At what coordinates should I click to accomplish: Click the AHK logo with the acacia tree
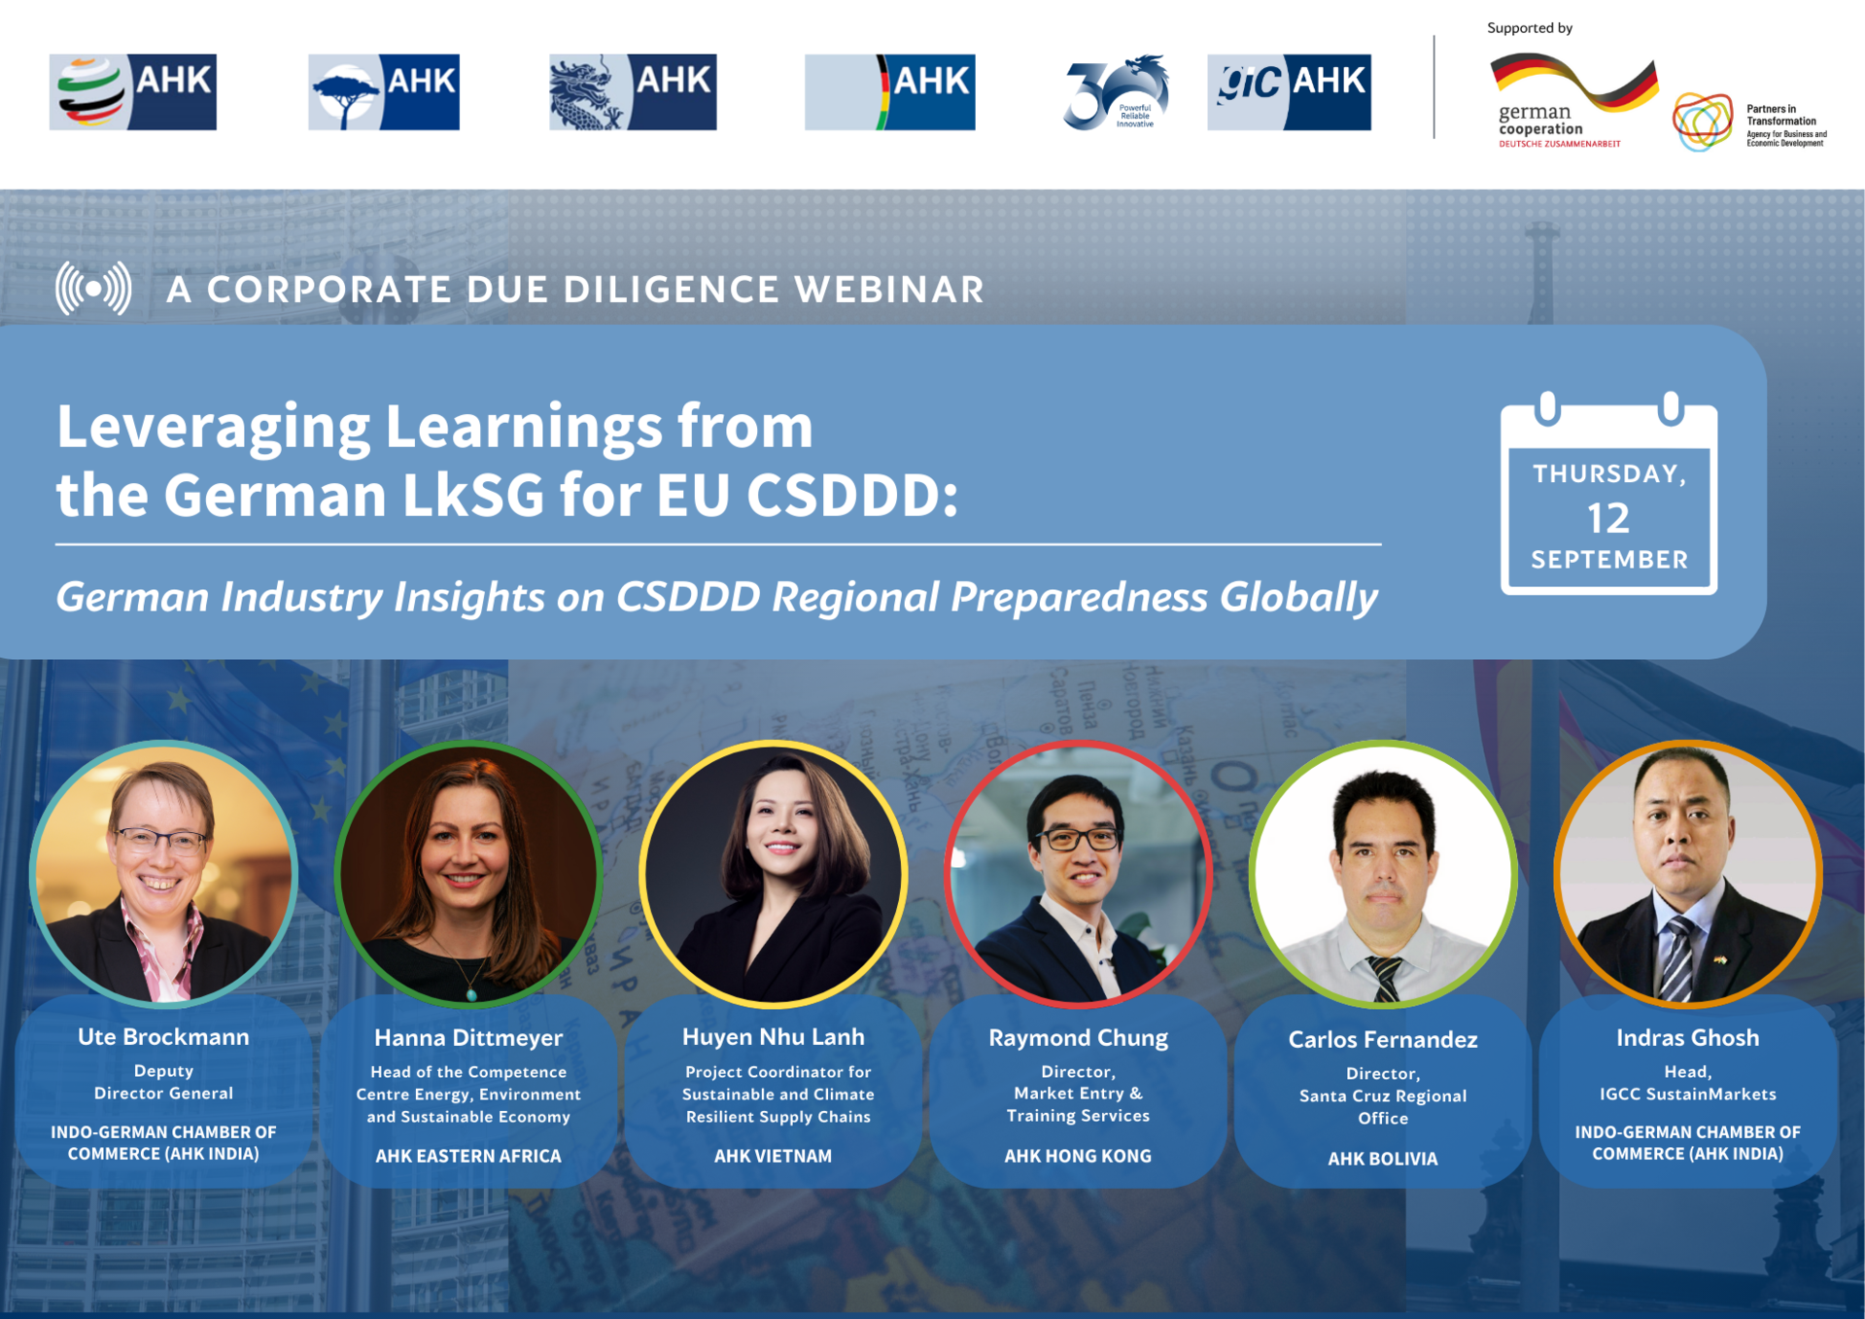tap(384, 92)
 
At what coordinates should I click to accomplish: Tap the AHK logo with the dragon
tap(633, 92)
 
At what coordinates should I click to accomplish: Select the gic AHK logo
tap(1289, 92)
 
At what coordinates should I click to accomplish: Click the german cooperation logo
tap(1571, 101)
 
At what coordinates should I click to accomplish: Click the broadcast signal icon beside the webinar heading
tap(93, 289)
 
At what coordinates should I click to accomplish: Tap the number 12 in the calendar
tap(1608, 518)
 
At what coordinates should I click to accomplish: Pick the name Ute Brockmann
tap(163, 1036)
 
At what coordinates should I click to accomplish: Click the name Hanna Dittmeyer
tap(468, 1037)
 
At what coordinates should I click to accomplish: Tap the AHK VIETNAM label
tap(773, 1156)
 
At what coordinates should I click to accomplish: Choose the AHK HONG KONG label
tap(1078, 1156)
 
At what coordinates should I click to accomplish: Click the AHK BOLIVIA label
tap(1383, 1159)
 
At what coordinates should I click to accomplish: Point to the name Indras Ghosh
tap(1687, 1037)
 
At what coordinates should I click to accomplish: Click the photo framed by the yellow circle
tap(774, 873)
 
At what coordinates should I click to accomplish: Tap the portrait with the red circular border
tap(1078, 873)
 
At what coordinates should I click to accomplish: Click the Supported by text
tap(1530, 28)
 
